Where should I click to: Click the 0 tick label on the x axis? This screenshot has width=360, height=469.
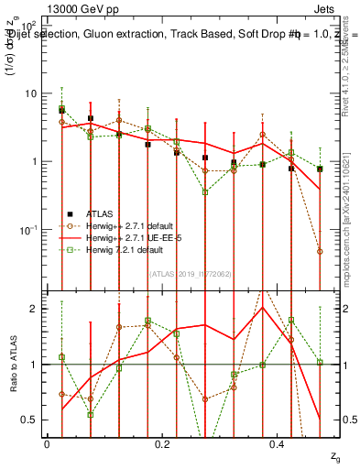coord(47,444)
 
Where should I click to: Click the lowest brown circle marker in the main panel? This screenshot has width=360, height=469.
coord(319,251)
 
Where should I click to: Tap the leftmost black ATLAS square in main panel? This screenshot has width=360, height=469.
coord(62,110)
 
